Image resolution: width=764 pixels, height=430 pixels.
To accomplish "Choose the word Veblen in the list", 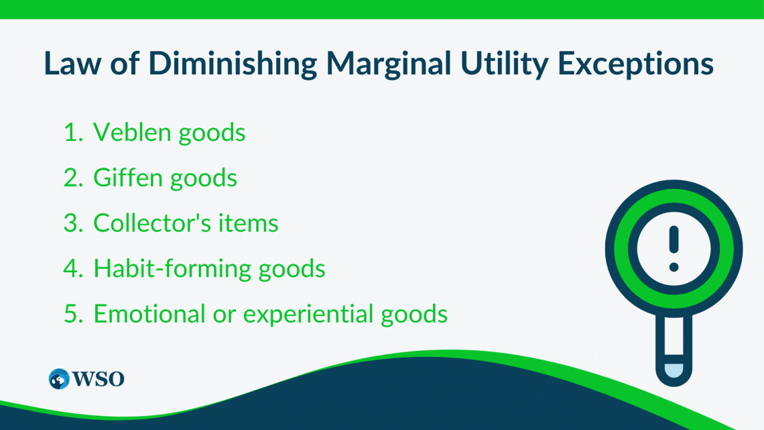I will [x=132, y=133].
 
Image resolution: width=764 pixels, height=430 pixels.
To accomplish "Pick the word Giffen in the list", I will [x=127, y=178].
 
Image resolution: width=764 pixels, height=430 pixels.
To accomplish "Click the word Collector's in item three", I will [x=157, y=223].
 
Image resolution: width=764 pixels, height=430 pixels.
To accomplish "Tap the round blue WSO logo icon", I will [x=59, y=378].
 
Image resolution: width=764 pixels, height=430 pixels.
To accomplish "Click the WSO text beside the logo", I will [x=99, y=378].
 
